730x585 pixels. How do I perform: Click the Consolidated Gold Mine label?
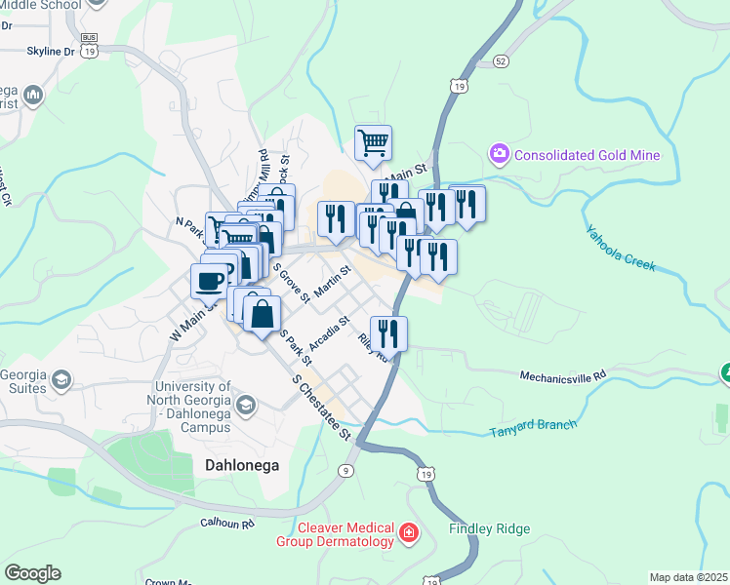click(587, 155)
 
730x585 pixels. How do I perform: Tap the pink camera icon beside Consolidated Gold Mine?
click(500, 154)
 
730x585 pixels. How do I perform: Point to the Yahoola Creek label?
click(620, 249)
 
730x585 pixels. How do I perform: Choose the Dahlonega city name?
click(242, 466)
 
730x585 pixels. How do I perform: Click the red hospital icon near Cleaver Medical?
click(407, 533)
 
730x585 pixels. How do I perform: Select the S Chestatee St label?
click(321, 409)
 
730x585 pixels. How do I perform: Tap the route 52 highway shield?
click(501, 60)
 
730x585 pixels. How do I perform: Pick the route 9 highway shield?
click(345, 470)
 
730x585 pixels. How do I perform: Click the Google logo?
click(32, 573)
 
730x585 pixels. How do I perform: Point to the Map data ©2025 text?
click(688, 577)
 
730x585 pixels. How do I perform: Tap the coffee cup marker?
click(211, 282)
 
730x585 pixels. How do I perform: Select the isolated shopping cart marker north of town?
click(373, 143)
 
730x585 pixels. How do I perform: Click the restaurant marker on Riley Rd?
click(388, 333)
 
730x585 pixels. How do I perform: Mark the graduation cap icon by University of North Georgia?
click(245, 403)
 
